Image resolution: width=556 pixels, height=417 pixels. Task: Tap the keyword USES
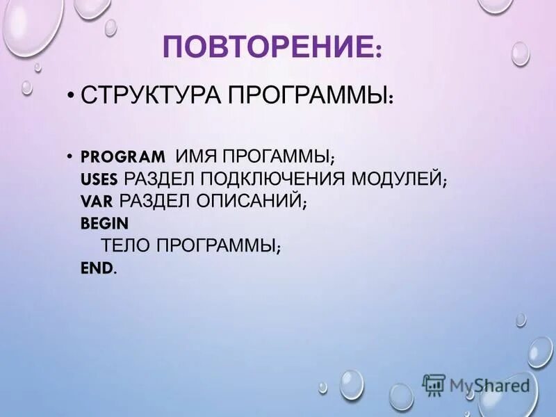[x=99, y=179]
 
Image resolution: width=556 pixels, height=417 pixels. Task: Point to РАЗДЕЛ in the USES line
[x=161, y=179]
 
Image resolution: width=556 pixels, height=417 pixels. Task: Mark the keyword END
[x=97, y=268]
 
